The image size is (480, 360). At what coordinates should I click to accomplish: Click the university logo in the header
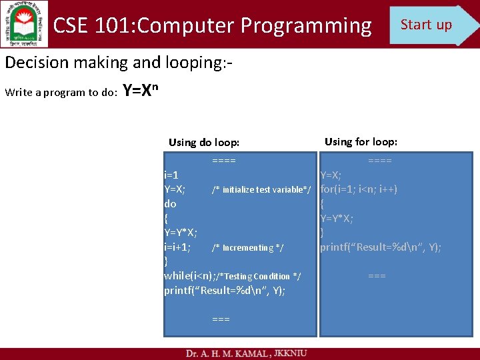click(x=25, y=25)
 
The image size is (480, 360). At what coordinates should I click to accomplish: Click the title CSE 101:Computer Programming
click(x=212, y=25)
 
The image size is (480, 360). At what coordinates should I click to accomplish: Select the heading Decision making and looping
click(x=119, y=63)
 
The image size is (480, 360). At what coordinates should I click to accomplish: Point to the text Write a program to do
click(x=61, y=92)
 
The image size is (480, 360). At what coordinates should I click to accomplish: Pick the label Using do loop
click(x=204, y=142)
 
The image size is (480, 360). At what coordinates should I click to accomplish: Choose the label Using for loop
click(x=361, y=141)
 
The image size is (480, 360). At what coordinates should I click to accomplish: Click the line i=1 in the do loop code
click(x=171, y=175)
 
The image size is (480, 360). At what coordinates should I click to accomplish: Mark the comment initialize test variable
click(x=261, y=190)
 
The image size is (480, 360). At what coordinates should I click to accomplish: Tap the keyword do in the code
click(x=170, y=204)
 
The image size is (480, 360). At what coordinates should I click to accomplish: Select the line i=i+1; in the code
click(x=178, y=247)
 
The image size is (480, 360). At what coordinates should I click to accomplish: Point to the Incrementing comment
click(x=247, y=248)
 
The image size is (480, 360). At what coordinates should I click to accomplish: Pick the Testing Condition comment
click(x=259, y=276)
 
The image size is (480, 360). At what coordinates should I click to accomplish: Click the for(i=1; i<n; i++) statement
click(x=359, y=189)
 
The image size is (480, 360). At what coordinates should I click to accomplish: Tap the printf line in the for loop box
click(x=380, y=247)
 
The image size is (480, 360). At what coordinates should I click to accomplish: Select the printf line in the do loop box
click(x=225, y=291)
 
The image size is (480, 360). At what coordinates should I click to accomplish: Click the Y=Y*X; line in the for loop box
click(x=337, y=219)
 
